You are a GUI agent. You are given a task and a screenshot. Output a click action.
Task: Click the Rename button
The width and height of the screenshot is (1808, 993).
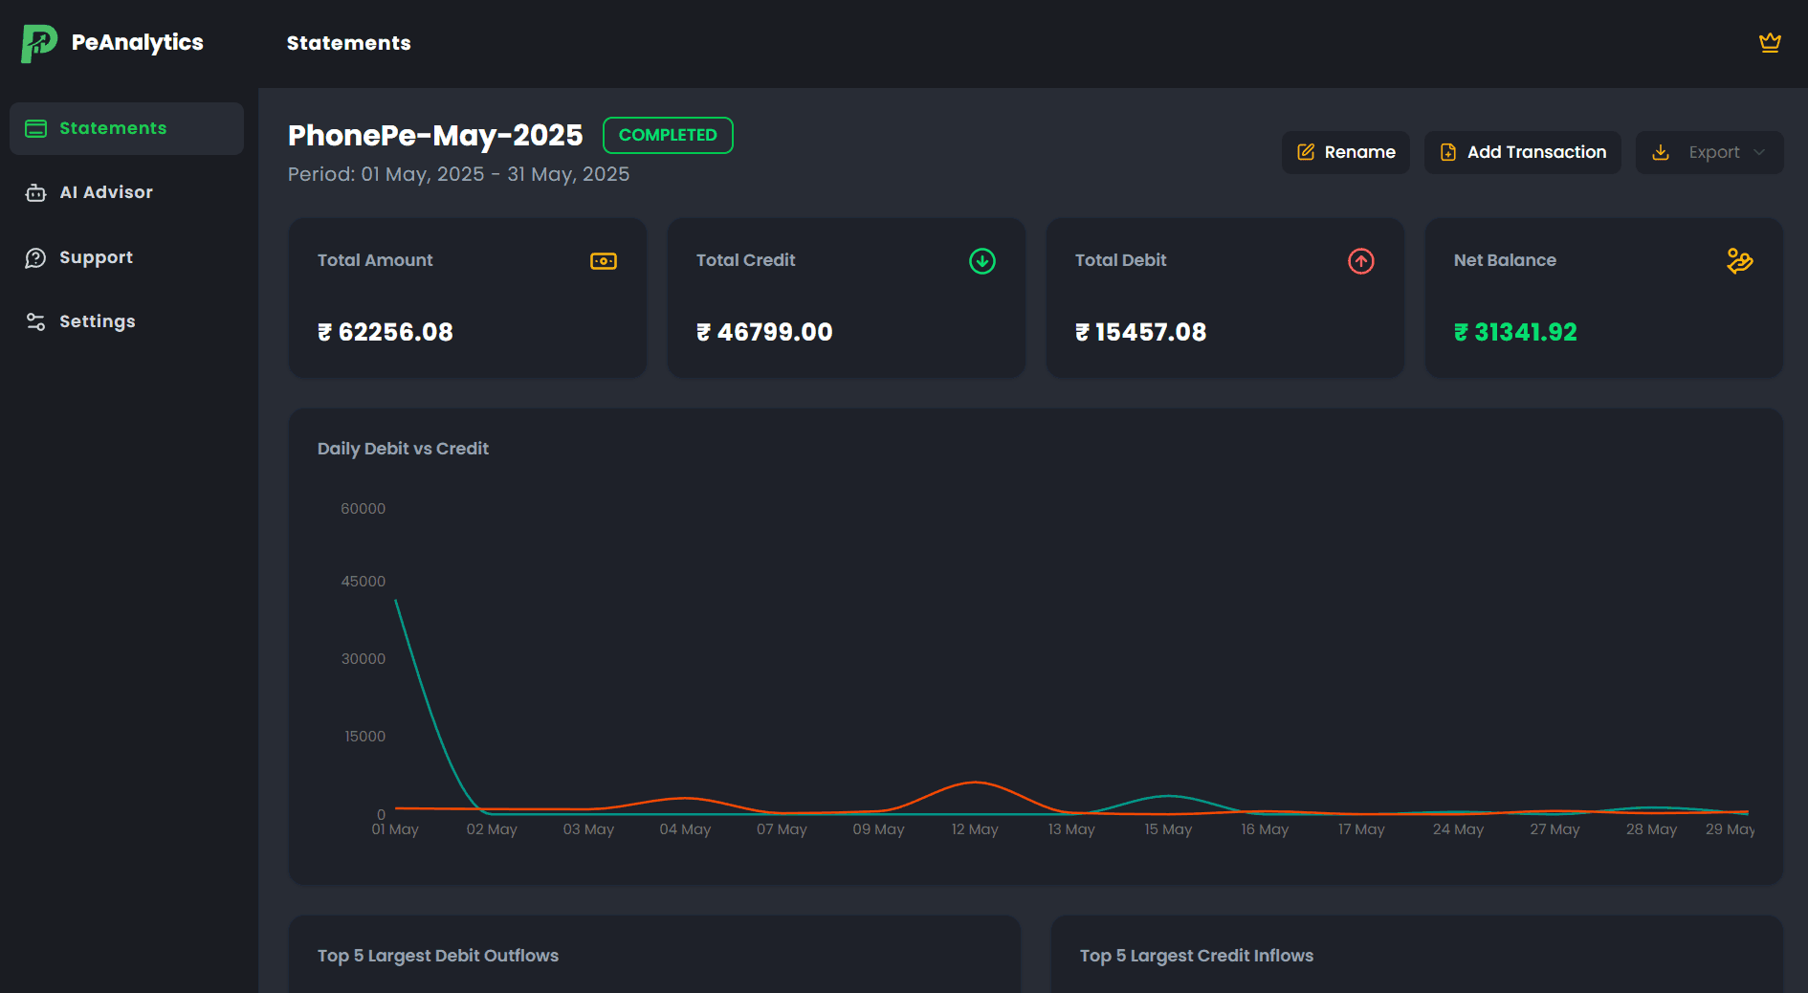1345,152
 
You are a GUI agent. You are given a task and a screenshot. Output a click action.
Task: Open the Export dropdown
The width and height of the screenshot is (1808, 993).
1709,152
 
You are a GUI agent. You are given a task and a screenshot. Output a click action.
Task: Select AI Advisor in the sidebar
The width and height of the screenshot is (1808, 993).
105,192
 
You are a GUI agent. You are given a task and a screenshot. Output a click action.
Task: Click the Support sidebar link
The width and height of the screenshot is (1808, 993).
96,257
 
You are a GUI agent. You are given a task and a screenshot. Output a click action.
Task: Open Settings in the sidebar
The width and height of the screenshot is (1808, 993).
97,321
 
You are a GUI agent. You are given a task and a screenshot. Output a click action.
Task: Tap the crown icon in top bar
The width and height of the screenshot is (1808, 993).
1769,43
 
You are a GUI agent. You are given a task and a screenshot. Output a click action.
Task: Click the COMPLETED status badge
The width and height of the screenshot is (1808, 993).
668,135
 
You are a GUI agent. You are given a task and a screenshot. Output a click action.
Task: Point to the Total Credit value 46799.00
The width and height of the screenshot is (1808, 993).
765,332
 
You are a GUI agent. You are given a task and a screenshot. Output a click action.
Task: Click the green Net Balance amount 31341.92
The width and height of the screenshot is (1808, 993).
1516,332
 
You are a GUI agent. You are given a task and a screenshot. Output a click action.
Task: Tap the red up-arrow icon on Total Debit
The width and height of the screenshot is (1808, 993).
1360,261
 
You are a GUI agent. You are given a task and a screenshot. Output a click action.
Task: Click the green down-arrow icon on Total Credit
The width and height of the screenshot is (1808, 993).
981,261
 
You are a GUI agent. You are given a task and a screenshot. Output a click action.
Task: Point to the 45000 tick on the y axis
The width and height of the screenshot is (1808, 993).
364,582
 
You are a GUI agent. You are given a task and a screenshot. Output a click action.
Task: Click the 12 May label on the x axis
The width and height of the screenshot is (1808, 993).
974,829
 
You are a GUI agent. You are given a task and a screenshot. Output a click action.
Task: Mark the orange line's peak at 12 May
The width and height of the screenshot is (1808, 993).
975,783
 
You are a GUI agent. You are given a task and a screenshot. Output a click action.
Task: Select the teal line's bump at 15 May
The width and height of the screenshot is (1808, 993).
1168,796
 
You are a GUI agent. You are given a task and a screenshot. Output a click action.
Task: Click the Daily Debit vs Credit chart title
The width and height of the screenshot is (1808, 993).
403,449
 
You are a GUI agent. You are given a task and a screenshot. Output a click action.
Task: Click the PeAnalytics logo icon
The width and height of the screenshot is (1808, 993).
39,43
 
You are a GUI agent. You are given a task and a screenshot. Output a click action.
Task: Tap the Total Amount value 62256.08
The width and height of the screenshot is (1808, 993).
386,332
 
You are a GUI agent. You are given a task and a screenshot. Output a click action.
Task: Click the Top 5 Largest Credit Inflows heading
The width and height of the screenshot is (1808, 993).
1196,956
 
